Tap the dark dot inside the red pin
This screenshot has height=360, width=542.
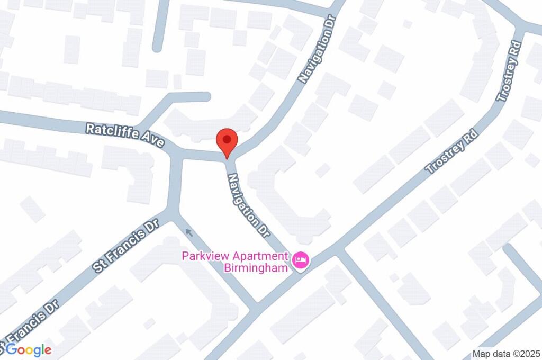pyautogui.click(x=227, y=140)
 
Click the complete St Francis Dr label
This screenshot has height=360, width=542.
pyautogui.click(x=126, y=247)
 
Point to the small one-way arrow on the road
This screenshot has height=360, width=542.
pyautogui.click(x=189, y=232)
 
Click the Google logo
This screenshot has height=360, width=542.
pyautogui.click(x=29, y=350)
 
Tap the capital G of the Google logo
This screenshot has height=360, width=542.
pyautogui.click(x=12, y=349)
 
